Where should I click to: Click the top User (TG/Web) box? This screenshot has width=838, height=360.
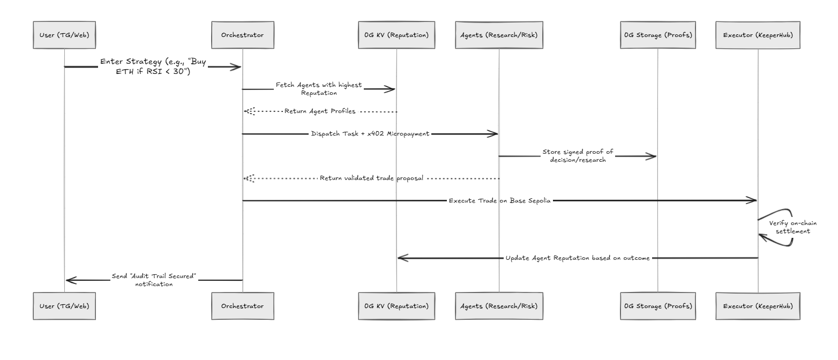pos(64,35)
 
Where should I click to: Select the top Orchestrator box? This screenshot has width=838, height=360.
pos(243,35)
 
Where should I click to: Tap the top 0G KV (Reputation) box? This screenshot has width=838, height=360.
pos(396,35)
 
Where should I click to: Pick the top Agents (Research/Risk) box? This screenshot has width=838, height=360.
pos(499,35)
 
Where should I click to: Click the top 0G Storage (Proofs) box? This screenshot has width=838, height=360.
pos(658,35)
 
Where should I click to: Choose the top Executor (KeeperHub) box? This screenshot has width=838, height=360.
pos(758,35)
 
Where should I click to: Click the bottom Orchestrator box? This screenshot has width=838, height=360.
pos(243,306)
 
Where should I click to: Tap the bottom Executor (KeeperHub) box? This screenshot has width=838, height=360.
pos(758,306)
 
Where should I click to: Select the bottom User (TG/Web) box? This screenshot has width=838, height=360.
pos(64,306)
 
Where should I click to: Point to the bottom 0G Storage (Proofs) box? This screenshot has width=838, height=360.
pos(658,306)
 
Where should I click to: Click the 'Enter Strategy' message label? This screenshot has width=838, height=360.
pos(153,66)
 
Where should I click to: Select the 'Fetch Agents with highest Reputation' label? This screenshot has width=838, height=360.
pos(319,89)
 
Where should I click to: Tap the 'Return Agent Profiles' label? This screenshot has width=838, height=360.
pos(320,111)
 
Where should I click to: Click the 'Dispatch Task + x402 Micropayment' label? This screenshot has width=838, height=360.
pos(370,133)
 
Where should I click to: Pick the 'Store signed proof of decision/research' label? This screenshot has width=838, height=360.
pos(578,156)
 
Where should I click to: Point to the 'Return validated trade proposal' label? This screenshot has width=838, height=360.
pos(371,178)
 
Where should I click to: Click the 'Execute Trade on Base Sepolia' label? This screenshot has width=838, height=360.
pos(500,200)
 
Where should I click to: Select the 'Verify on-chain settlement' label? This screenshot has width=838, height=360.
pos(793,227)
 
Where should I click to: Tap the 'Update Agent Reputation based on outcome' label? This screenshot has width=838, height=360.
pos(578,258)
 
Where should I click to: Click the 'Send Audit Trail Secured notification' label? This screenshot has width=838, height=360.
pos(154,280)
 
